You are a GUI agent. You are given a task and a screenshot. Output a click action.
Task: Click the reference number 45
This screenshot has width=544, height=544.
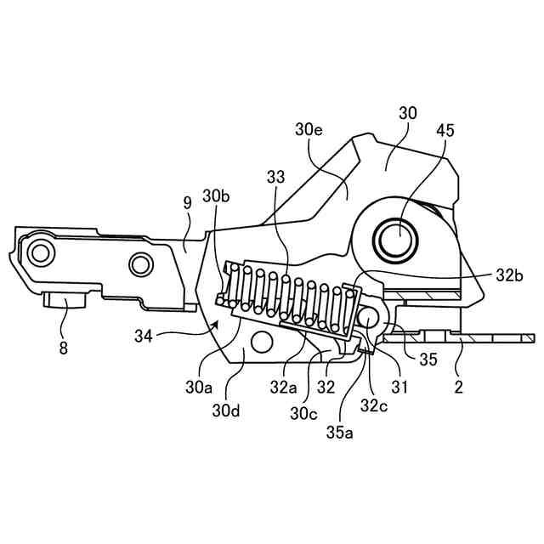tap(445, 131)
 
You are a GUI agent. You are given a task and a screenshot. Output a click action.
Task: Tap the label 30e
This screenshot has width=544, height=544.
tap(309, 130)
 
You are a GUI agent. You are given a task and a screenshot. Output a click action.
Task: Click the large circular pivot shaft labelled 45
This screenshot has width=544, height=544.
tap(397, 239)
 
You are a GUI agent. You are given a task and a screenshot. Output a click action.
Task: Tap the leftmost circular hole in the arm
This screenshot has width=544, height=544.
tap(39, 252)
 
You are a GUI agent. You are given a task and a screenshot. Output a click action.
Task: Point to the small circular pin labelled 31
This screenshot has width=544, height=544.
tap(370, 318)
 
